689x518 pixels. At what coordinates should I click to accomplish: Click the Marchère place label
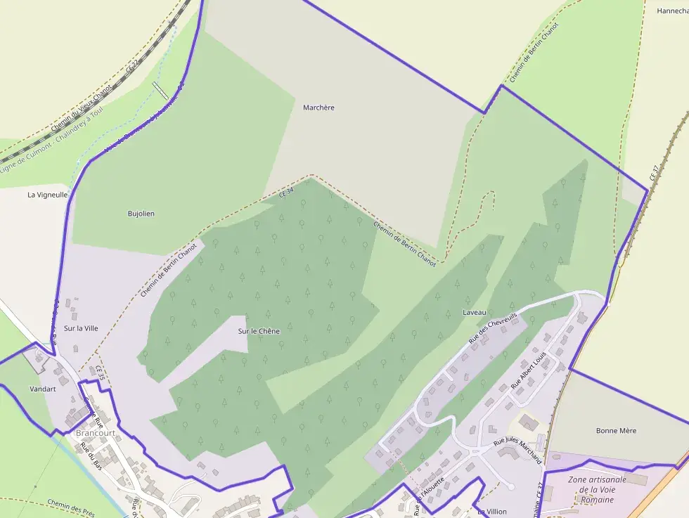tap(318, 108)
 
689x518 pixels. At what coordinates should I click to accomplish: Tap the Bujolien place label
tap(141, 213)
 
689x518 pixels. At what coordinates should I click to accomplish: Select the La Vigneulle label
tap(48, 194)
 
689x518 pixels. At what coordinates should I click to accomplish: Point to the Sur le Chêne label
tap(259, 331)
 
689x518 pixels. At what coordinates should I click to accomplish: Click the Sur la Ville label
tap(81, 328)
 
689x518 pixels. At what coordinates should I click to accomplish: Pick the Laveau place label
tap(475, 311)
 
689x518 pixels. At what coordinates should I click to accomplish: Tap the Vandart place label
tap(42, 388)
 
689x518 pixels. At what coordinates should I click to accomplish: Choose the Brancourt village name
tap(94, 433)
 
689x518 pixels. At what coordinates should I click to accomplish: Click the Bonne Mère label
tap(616, 430)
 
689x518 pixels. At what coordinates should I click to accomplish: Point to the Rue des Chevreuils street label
tap(493, 329)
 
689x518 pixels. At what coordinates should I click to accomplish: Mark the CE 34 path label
tap(285, 191)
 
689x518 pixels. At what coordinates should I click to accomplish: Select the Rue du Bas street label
tap(91, 456)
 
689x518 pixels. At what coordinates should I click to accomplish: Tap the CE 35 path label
tap(101, 373)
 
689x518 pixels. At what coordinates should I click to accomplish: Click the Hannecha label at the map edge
tap(672, 11)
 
